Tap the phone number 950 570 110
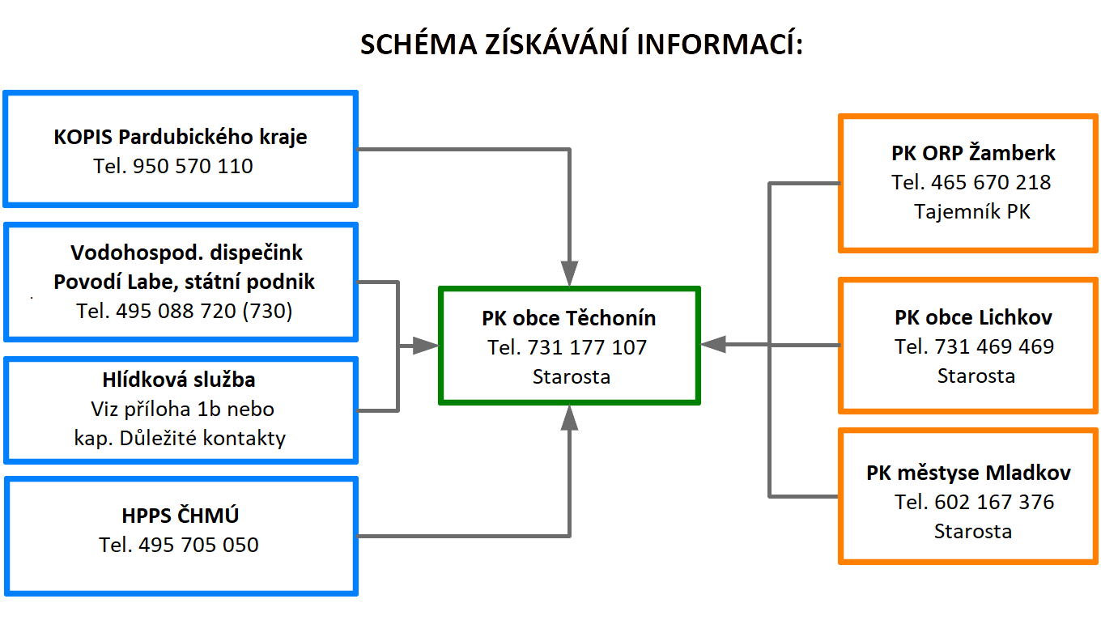193,166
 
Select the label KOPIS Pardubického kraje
181,137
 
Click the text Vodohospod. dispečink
186,253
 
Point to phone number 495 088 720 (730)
204,311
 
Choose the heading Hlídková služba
179,380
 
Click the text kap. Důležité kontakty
180,438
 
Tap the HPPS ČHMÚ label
181,515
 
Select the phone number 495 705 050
198,545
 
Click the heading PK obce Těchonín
568,318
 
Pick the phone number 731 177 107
587,347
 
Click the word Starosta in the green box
572,377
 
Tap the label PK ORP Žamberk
973,153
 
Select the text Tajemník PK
972,212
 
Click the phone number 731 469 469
994,346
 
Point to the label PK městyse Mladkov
968,473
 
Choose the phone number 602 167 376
994,502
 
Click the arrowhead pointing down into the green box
569,273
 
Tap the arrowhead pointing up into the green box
569,418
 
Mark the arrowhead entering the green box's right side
713,345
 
